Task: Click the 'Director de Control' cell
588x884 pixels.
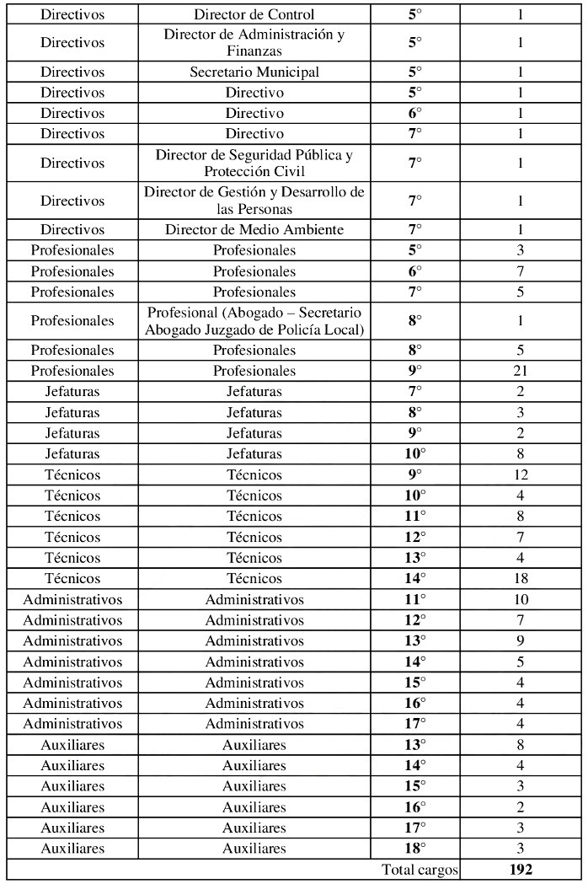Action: pyautogui.click(x=254, y=14)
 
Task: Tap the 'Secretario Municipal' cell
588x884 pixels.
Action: pyautogui.click(x=254, y=72)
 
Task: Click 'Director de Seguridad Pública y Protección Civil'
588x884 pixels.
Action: pyautogui.click(x=254, y=163)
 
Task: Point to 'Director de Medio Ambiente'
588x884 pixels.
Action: pyautogui.click(x=254, y=229)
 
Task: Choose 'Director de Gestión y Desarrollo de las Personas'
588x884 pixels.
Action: pyautogui.click(x=254, y=201)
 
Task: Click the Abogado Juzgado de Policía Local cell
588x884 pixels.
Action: pyautogui.click(x=254, y=320)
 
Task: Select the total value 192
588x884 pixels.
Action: pyautogui.click(x=521, y=869)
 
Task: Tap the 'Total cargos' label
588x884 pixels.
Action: pyautogui.click(x=420, y=869)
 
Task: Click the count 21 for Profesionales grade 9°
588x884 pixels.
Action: pyautogui.click(x=521, y=371)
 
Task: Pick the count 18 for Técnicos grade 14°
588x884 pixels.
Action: pyautogui.click(x=521, y=578)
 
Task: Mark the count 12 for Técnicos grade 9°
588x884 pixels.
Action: pyautogui.click(x=521, y=474)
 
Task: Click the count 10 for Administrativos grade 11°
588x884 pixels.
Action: pyautogui.click(x=521, y=599)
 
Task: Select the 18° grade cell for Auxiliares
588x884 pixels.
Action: pyautogui.click(x=414, y=848)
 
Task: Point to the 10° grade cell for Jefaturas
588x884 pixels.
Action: pyautogui.click(x=414, y=453)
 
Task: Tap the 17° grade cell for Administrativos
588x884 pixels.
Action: pyautogui.click(x=414, y=723)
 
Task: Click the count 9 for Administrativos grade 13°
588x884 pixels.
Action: pyautogui.click(x=521, y=640)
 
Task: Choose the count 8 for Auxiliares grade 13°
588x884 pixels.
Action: pyautogui.click(x=521, y=744)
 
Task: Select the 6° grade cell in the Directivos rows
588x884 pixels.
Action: pyautogui.click(x=414, y=113)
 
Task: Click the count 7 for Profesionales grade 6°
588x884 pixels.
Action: pyautogui.click(x=521, y=271)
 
